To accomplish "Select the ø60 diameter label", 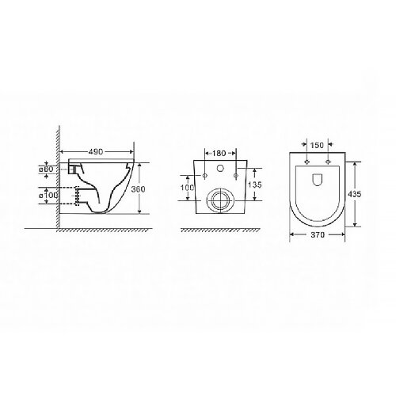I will (45, 169).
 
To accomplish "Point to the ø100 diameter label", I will (45, 195).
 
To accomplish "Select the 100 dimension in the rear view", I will (187, 188).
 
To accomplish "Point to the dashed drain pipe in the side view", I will (76, 195).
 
